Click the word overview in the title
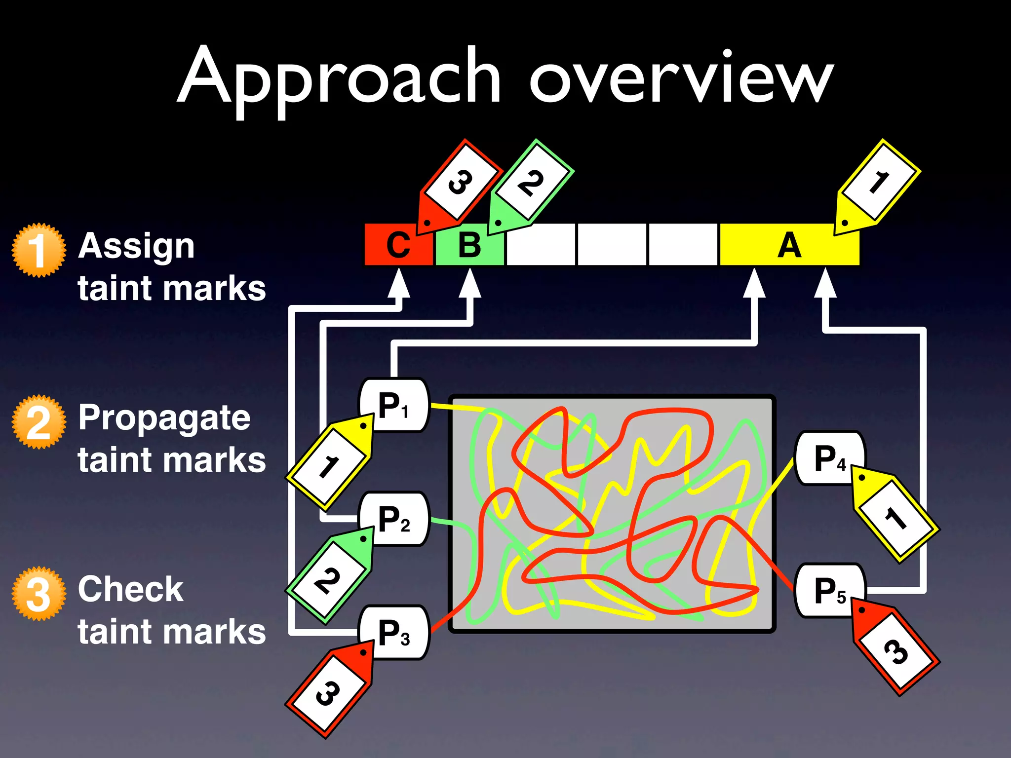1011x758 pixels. coord(681,79)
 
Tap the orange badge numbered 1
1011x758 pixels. coord(39,250)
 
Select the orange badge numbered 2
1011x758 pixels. coord(39,422)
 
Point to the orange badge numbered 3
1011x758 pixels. coord(39,593)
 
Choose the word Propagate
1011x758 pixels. coord(164,418)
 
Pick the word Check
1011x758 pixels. coord(130,589)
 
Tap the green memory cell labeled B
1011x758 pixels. coord(469,245)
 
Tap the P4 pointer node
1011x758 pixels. coord(829,458)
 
